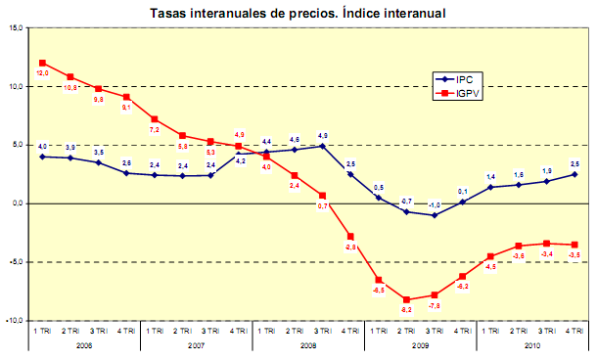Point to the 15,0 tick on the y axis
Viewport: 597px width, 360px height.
pyautogui.click(x=17, y=28)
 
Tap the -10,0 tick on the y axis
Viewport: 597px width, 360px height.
pyautogui.click(x=16, y=321)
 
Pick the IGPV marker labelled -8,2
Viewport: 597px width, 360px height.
pyautogui.click(x=407, y=299)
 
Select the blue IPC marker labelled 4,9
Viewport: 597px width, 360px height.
pyautogui.click(x=323, y=146)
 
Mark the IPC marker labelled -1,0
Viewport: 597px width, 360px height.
pyautogui.click(x=436, y=215)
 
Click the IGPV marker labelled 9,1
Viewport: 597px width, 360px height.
pyautogui.click(x=126, y=97)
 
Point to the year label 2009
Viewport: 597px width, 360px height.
pyautogui.click(x=422, y=344)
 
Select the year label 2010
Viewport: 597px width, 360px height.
pyautogui.click(x=534, y=344)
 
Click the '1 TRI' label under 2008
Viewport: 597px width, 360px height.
pyautogui.click(x=266, y=332)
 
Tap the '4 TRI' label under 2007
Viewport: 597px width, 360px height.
pyautogui.click(x=239, y=332)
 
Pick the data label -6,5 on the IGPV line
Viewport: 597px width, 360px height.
pyautogui.click(x=379, y=291)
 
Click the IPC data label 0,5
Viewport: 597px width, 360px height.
pyautogui.click(x=379, y=187)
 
